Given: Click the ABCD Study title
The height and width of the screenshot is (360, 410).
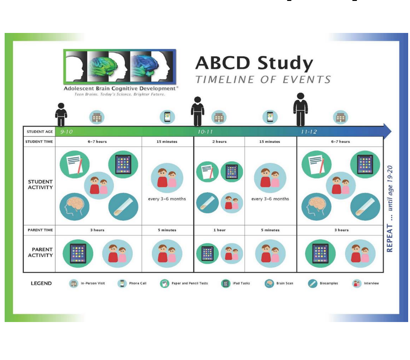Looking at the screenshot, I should [x=254, y=63].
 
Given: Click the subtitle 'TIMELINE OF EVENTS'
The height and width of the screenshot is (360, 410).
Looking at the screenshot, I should [x=263, y=80].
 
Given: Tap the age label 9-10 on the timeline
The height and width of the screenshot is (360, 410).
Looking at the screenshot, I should [x=67, y=132].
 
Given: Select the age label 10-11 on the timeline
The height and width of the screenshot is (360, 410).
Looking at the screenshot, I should [x=205, y=132].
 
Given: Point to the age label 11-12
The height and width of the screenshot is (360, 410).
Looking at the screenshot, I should [x=309, y=132].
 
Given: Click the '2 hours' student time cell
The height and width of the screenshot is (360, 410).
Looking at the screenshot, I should [x=219, y=142].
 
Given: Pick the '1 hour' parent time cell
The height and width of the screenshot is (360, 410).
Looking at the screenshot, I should [x=219, y=230].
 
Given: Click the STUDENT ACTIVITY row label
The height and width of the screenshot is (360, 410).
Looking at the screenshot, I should [x=40, y=185].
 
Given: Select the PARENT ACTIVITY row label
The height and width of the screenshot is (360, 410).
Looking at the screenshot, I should [x=42, y=253].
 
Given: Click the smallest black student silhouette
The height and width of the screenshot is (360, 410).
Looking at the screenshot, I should [x=61, y=114].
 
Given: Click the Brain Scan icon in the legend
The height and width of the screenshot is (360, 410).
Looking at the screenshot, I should [x=270, y=284].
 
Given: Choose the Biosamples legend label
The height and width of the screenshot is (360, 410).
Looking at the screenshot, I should [x=329, y=284].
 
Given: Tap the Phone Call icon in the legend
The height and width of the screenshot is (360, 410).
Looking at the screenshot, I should [x=122, y=284].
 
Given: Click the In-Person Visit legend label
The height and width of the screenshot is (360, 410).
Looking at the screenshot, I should [x=93, y=284].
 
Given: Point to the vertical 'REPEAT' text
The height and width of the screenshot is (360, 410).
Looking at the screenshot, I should [x=390, y=238].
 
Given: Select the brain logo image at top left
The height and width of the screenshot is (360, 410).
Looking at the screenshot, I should [x=119, y=66].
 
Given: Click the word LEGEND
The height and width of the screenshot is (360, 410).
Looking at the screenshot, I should [x=41, y=284].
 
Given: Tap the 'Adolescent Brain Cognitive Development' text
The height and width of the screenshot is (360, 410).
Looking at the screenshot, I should [x=120, y=88].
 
